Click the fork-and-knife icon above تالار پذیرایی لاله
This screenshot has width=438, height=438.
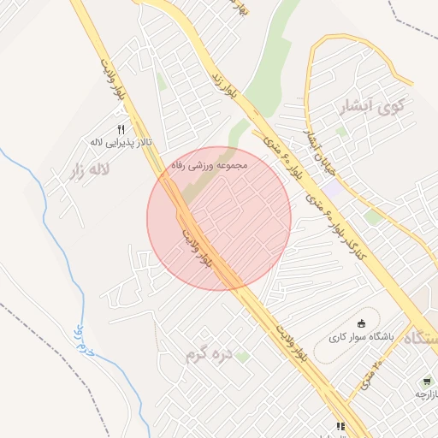coord(121,128)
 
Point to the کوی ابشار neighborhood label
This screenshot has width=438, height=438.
coord(370,107)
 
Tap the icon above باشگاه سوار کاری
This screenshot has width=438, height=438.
coord(360,323)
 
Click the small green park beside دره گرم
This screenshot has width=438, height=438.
coord(243,355)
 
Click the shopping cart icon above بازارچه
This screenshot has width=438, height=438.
coord(425,381)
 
